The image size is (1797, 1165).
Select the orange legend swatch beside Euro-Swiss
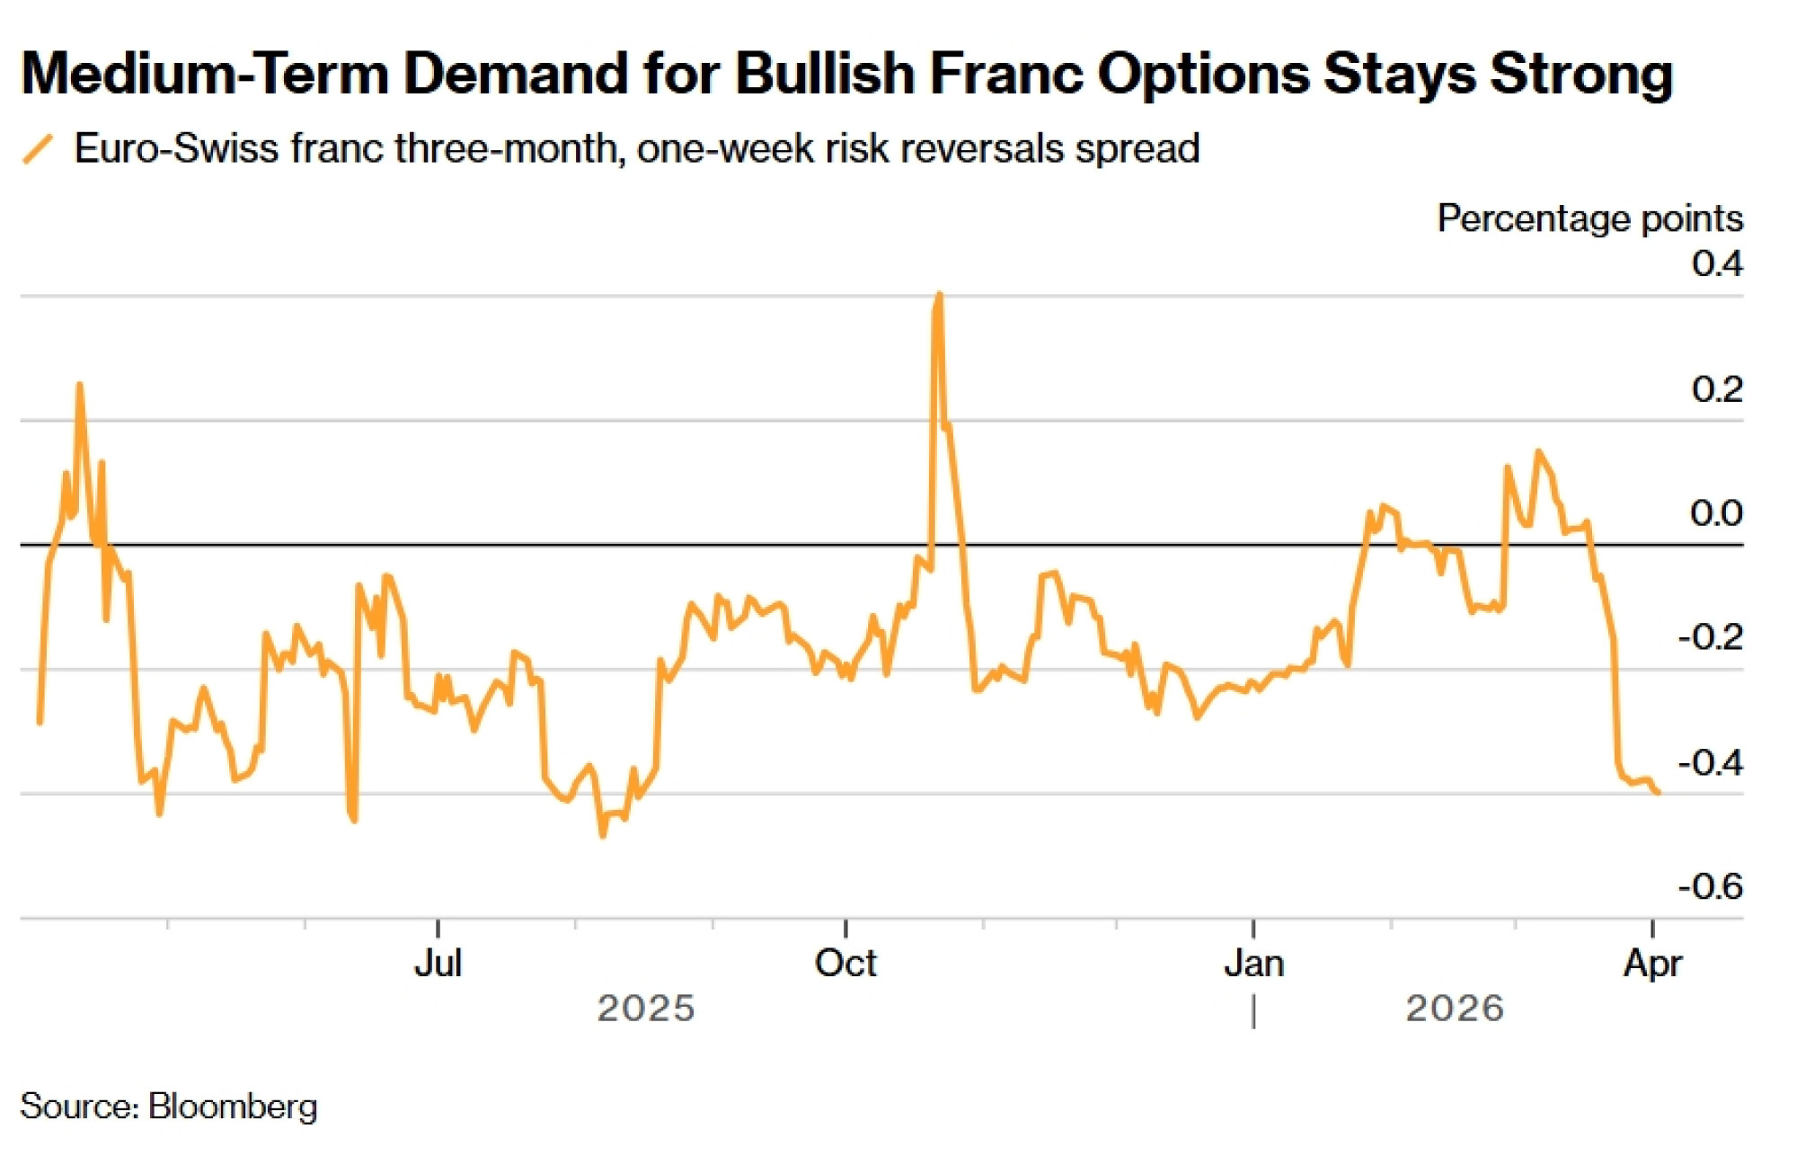pos(38,149)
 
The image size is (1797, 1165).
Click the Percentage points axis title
pos(1589,218)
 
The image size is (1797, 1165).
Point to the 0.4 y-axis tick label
pos(1716,263)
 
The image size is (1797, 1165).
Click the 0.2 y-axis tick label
pos(1716,388)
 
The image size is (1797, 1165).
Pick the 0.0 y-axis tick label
pos(1716,513)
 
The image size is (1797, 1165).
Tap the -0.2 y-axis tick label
pos(1710,637)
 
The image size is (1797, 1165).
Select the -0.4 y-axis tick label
pos(1710,762)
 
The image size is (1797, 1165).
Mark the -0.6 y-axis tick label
pos(1710,886)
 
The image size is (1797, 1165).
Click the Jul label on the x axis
pos(438,964)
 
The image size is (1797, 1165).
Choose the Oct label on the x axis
pos(845,964)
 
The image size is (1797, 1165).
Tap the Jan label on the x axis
pos(1253,964)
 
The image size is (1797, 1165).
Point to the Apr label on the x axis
pos(1652,964)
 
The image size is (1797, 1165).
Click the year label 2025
pos(646,1009)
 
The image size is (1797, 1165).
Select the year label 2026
pos(1455,1009)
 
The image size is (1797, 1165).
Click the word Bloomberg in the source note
pos(233,1107)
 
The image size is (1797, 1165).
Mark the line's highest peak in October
pos(939,295)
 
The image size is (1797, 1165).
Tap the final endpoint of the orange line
pos(1658,792)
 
